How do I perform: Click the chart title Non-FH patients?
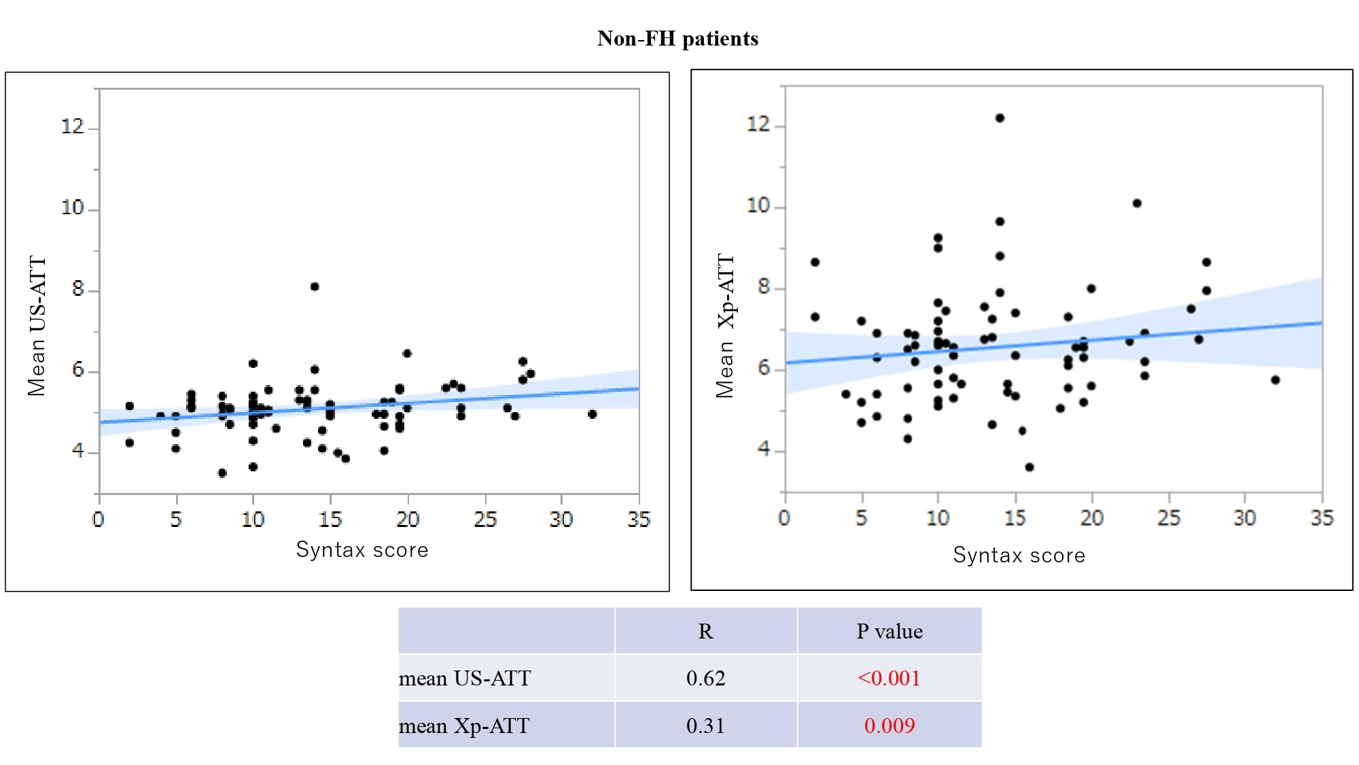pos(677,39)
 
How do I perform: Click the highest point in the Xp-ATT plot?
pos(1000,118)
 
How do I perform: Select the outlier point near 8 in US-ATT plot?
pos(315,287)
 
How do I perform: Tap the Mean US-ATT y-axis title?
pos(37,326)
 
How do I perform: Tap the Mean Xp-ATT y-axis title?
pos(726,326)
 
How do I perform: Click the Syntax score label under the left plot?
pos(362,549)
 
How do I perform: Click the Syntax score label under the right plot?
pos(1019,555)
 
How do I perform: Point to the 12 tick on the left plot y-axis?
pos(73,126)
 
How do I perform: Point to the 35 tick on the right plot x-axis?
pos(1322,518)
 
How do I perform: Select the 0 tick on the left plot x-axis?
pos(99,520)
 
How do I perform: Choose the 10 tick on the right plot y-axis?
pos(758,205)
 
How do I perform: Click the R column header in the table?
pos(705,632)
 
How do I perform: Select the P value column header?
pos(889,632)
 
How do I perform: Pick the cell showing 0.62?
pos(705,678)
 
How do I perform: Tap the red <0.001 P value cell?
pos(889,678)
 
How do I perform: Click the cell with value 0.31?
pos(705,726)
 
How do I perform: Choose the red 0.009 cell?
pos(889,726)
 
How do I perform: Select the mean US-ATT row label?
pos(465,678)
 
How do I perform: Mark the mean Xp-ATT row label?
pos(464,726)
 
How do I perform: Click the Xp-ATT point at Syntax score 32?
pos(1275,380)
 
